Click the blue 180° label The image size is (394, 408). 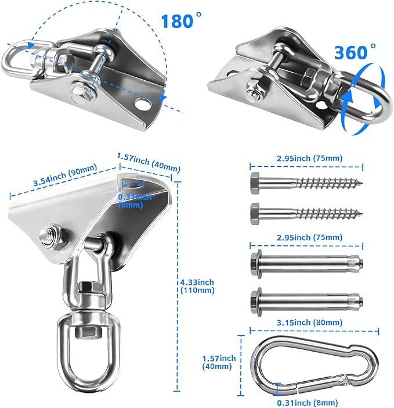(x=181, y=20)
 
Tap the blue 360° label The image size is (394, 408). (x=355, y=52)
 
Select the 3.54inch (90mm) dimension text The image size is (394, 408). (x=65, y=174)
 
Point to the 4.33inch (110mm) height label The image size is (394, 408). (x=197, y=286)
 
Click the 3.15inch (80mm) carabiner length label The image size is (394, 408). (x=310, y=323)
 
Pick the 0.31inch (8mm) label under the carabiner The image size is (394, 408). (x=308, y=403)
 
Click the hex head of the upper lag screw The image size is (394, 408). (x=255, y=183)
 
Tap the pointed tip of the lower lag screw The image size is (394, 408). (x=362, y=214)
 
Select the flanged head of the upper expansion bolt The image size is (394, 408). (x=256, y=264)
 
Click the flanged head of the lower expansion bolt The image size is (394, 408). (x=256, y=302)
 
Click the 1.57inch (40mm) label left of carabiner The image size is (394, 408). (x=219, y=362)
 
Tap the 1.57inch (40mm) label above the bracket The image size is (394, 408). (x=149, y=163)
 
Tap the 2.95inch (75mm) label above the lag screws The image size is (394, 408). (x=310, y=158)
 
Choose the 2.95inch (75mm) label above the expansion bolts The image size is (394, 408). (x=310, y=237)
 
